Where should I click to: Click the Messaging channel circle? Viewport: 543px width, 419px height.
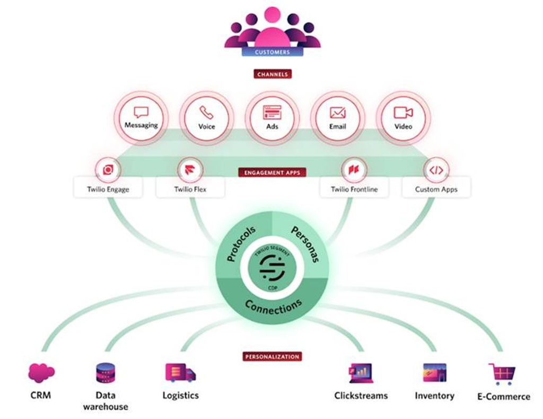click(141, 118)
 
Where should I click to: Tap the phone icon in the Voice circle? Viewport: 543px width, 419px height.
click(206, 113)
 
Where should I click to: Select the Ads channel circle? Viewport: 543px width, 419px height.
click(272, 118)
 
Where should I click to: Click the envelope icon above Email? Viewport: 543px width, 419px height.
click(337, 113)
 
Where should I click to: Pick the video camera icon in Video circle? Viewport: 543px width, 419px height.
click(403, 113)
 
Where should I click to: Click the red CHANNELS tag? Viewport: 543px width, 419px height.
click(272, 74)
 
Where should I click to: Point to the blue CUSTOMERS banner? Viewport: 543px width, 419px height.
click(272, 52)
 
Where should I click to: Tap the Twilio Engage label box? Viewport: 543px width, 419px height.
click(108, 189)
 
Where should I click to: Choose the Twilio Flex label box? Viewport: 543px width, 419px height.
click(190, 189)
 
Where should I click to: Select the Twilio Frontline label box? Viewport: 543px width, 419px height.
click(353, 189)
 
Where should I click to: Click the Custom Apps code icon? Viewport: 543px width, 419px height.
click(436, 170)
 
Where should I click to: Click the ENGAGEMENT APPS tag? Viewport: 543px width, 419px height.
click(272, 173)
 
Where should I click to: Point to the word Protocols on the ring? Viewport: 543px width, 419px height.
click(241, 244)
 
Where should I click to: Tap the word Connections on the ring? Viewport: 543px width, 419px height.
click(273, 307)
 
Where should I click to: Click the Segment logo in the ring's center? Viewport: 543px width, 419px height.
click(272, 268)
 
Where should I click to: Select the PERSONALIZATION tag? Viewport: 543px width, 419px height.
click(272, 356)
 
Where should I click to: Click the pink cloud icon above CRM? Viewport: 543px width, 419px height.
click(41, 373)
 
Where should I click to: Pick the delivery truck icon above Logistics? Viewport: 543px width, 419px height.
click(180, 373)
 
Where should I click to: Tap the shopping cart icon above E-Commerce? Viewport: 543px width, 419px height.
click(501, 374)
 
